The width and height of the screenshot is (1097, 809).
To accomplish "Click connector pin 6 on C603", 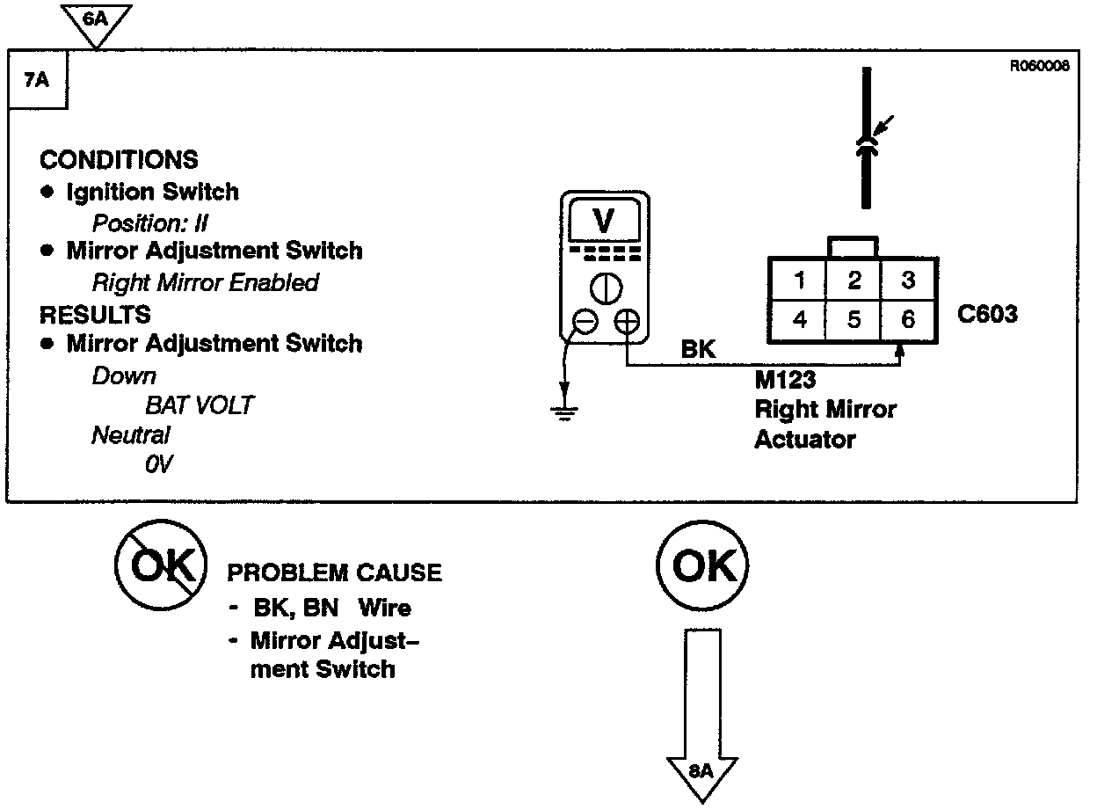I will click(908, 319).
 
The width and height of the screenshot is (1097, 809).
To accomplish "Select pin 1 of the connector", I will click(799, 281).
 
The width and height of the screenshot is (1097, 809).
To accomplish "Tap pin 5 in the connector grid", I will click(854, 319).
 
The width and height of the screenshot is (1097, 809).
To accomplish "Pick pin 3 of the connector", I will click(908, 281).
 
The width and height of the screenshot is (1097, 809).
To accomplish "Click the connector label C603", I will click(986, 314).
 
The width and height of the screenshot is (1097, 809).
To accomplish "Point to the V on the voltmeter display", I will click(604, 222).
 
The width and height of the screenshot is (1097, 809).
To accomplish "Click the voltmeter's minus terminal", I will click(585, 323).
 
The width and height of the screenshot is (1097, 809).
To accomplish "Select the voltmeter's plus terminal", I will click(626, 323).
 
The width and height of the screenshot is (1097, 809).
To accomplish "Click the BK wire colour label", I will click(699, 349).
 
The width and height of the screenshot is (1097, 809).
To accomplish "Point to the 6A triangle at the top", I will click(97, 19).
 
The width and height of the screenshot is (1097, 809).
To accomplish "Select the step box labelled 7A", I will click(35, 81).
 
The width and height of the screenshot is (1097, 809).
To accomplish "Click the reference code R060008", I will click(1040, 65).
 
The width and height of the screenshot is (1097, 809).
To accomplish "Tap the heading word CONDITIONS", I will click(120, 160).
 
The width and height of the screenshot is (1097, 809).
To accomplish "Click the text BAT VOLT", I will click(200, 405).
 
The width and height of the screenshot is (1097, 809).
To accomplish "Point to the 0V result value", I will click(158, 464).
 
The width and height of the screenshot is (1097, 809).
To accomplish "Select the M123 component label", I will click(785, 381).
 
